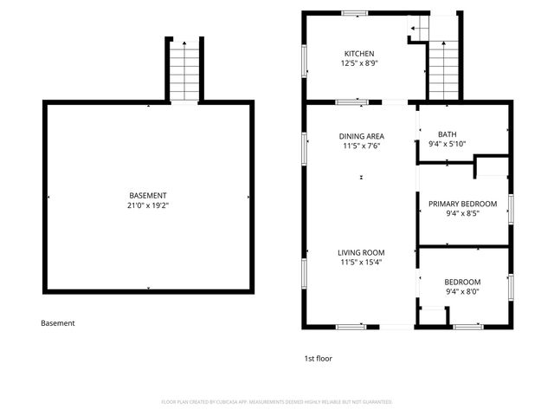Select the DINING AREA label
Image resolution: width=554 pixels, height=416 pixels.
pos(361,136)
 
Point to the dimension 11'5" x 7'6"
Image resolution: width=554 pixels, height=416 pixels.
pos(361,146)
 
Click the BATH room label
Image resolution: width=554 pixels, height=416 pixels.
pos(447,134)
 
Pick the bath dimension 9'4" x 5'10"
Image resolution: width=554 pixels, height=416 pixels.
pos(447,144)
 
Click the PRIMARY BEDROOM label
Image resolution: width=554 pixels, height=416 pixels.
pos(463,204)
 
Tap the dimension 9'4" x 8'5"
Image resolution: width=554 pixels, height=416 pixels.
pos(463,213)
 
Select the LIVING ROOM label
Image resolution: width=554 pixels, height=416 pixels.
pos(361,252)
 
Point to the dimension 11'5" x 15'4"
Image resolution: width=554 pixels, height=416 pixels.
pos(361,262)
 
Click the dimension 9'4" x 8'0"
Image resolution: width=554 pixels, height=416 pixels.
pos(463,292)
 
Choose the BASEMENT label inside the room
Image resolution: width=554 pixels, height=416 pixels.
pos(148,195)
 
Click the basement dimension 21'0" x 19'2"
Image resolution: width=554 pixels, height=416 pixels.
pos(148,205)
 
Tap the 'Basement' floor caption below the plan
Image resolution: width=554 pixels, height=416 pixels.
pos(58,323)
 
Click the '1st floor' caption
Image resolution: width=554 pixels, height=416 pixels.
pos(318,358)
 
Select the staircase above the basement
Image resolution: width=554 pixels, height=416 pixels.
pos(184,72)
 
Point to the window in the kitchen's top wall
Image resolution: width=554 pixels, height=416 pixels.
pos(354,13)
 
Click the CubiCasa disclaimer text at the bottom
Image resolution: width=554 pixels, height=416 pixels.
pos(277,402)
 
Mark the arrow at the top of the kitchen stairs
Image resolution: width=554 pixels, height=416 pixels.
pos(415,29)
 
